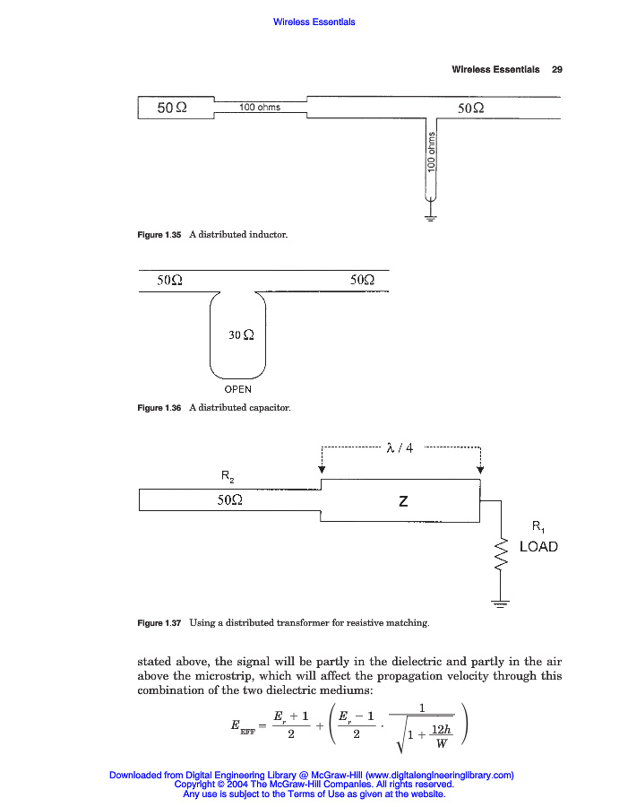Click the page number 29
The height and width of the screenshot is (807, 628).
coord(556,69)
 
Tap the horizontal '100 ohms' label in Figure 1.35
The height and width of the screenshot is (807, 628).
coord(260,108)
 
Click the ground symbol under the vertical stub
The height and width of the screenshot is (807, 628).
coord(431,216)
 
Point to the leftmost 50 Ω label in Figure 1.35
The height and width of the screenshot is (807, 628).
coord(171,108)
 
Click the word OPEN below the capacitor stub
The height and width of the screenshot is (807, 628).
coord(237,390)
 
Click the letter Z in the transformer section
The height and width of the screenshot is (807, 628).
coord(403,502)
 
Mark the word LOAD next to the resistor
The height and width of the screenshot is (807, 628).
coord(538,546)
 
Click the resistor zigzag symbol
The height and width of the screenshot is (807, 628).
coord(501,553)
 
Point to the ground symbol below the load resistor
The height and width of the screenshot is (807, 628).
coord(500,603)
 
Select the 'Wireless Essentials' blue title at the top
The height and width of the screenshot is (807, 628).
coord(314,22)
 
